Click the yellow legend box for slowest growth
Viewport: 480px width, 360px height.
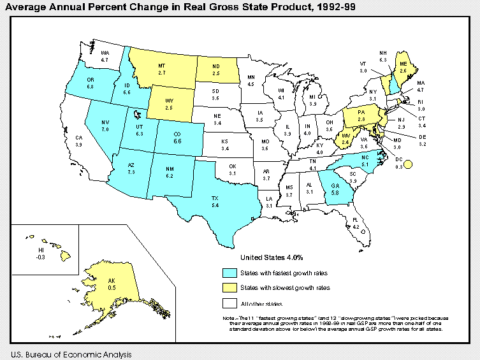pos(228,288)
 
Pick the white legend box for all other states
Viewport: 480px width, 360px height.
pos(228,303)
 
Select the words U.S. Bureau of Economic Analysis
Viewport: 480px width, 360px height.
pos(71,354)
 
